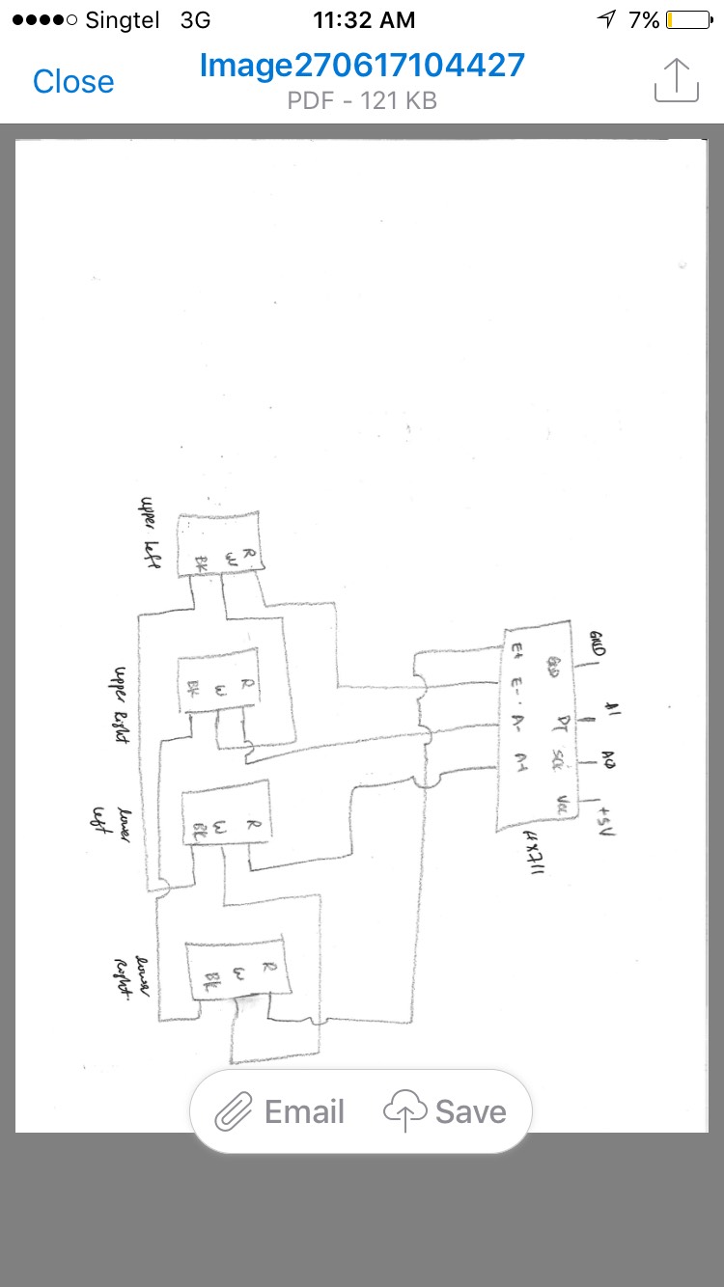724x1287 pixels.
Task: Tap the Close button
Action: (73, 82)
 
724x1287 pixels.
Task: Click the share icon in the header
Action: (676, 80)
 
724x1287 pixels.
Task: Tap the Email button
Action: (280, 1112)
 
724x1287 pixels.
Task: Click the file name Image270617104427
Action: (362, 66)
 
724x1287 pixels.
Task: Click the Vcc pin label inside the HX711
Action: (562, 803)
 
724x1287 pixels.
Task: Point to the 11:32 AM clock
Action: (364, 19)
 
